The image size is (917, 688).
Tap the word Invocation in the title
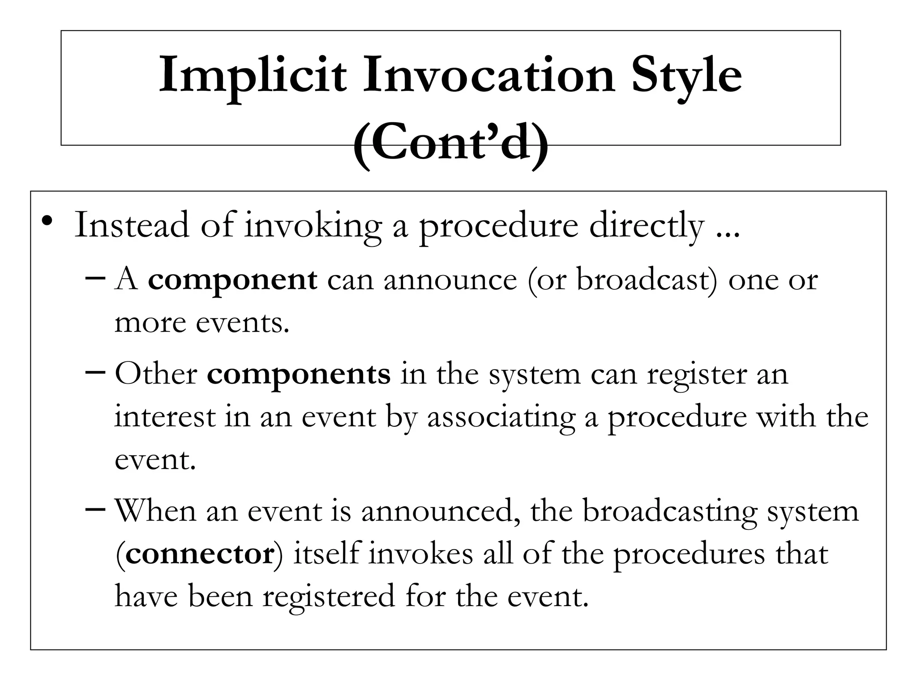coord(488,75)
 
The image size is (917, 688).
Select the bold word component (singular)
coord(232,280)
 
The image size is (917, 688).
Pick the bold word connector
coord(200,554)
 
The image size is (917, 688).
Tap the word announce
coord(450,280)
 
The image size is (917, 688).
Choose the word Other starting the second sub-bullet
coord(156,374)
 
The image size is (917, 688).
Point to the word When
coord(155,511)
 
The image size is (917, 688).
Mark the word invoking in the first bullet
coord(313,226)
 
